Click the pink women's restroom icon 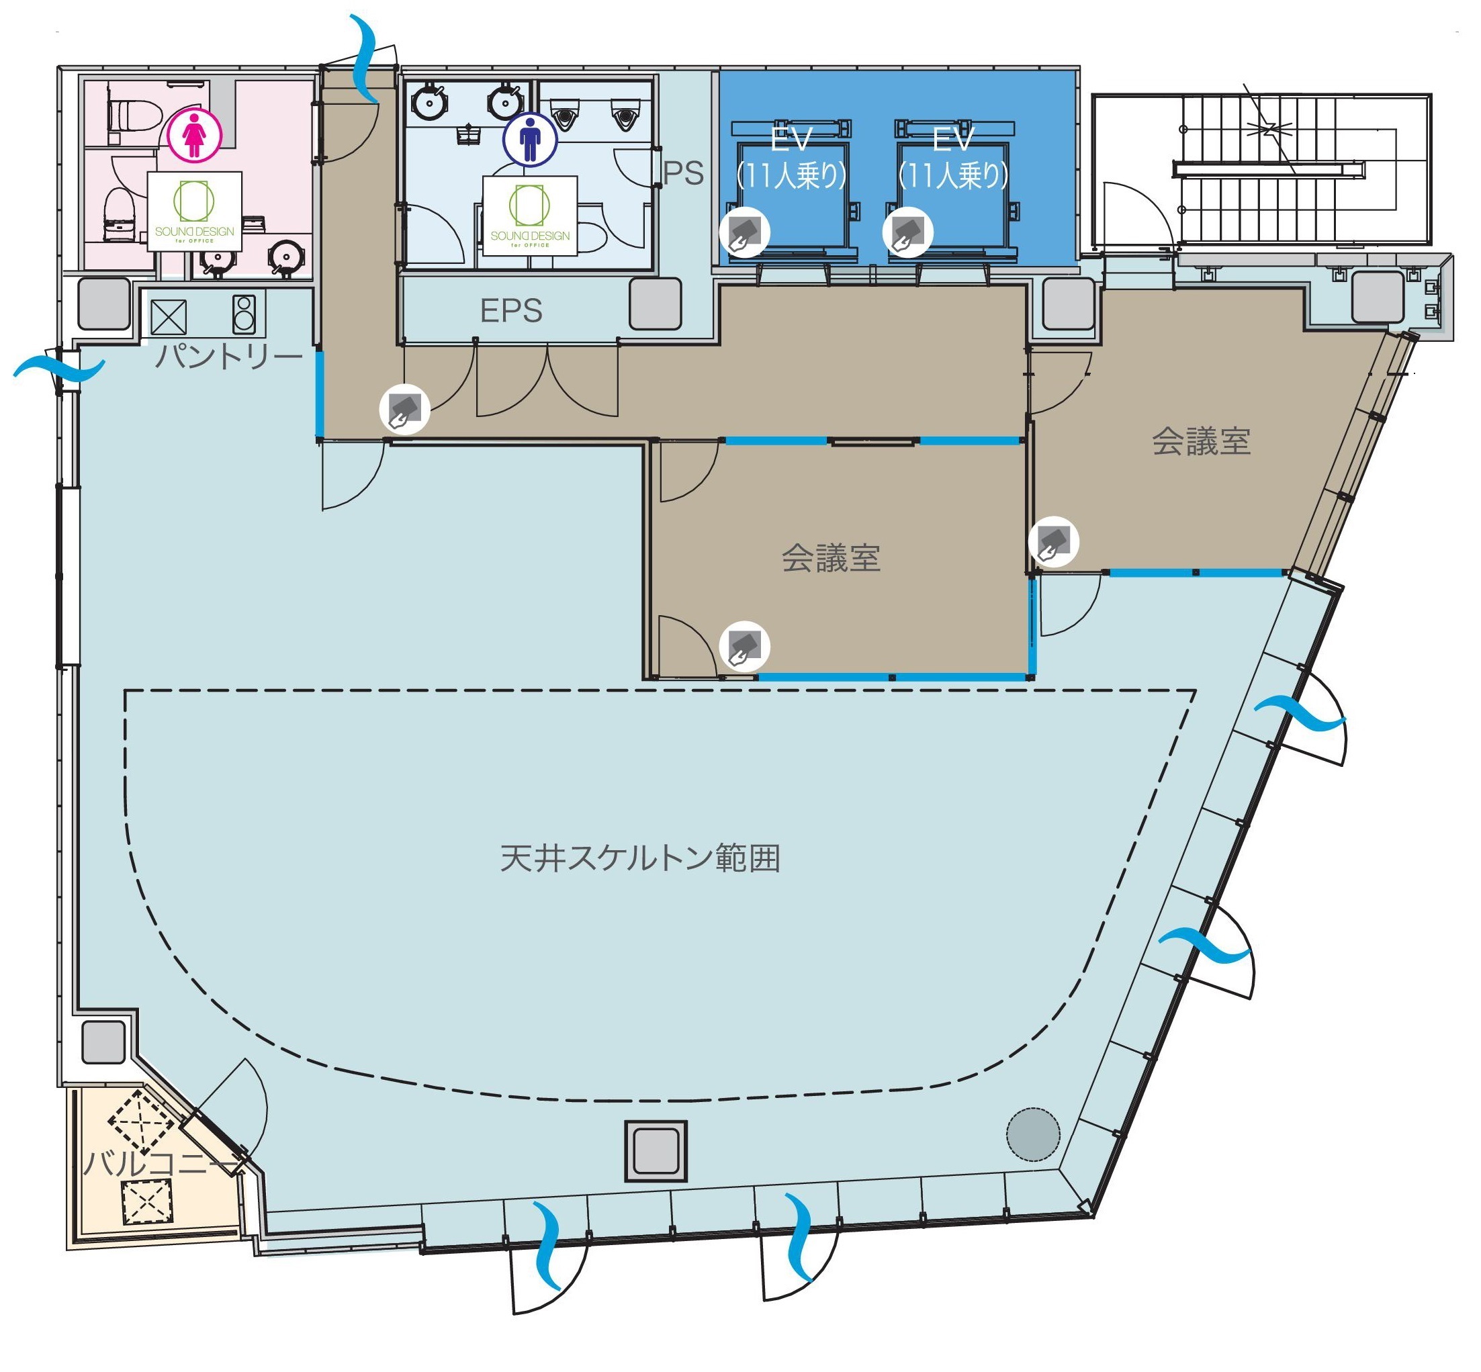193,135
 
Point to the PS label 683,173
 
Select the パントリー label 228,357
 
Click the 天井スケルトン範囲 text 640,858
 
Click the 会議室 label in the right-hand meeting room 1201,441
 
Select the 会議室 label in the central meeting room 831,557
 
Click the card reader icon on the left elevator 745,232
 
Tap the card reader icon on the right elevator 907,232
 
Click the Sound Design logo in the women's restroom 195,212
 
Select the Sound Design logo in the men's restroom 529,216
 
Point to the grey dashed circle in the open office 1032,1134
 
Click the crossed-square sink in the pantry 169,317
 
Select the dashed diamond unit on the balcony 141,1121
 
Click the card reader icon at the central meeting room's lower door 745,646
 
